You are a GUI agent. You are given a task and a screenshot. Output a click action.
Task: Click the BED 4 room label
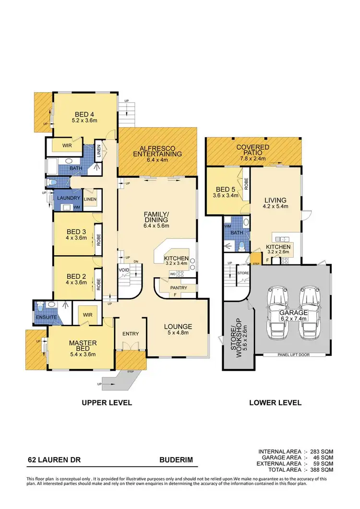pos(84,114)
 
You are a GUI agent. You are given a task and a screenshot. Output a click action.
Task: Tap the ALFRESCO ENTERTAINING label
pos(157,151)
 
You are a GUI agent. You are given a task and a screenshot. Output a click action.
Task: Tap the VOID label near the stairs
pos(124,270)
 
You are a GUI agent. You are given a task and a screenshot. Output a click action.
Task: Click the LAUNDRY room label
pos(68,198)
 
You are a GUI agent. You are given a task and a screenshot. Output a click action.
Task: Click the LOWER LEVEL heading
pos(275,402)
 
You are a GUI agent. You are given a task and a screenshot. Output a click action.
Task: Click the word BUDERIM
pos(176,460)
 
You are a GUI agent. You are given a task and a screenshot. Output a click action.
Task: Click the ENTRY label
pos(130,334)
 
